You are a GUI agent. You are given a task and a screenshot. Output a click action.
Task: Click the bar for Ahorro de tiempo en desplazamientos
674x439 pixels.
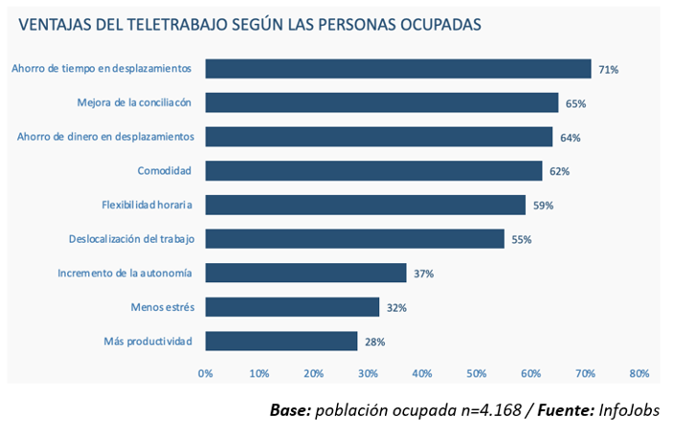point(397,69)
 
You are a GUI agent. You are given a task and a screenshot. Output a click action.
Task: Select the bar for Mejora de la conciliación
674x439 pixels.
point(381,102)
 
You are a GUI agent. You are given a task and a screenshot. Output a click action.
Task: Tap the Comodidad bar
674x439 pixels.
point(372,171)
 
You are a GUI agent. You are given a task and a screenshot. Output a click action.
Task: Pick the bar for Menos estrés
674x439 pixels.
point(292,307)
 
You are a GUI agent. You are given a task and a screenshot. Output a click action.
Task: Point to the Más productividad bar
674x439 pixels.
point(281,341)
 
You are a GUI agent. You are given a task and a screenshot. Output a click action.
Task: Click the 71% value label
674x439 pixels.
point(609,69)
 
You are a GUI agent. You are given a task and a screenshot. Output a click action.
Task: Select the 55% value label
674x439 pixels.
point(522,239)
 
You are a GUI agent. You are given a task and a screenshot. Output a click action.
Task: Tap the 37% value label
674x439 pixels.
point(424,274)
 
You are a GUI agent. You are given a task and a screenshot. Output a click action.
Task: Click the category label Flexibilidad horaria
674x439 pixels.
point(147,205)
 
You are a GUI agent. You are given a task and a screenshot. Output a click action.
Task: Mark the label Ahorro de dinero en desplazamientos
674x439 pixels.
point(106,137)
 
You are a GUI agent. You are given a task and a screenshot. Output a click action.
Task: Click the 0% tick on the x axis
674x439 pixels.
point(205,373)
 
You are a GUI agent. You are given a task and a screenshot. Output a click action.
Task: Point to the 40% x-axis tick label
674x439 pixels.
point(422,373)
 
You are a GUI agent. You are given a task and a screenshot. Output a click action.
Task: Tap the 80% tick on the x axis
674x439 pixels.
point(640,373)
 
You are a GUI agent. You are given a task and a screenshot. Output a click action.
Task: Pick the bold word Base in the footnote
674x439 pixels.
point(290,410)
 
